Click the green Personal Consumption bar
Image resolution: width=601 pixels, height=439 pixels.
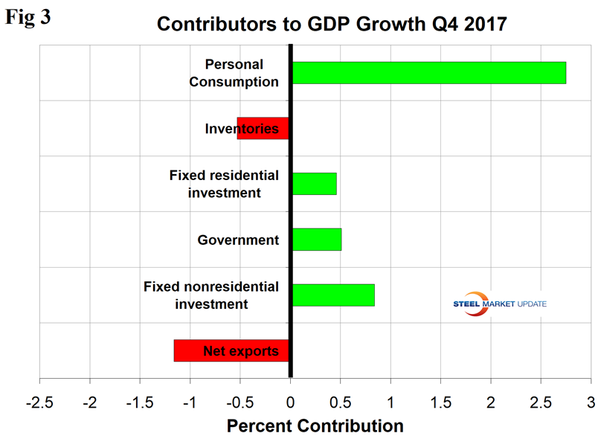428,73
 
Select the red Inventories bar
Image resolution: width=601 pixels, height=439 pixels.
263,129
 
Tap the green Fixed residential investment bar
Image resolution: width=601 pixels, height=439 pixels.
315,184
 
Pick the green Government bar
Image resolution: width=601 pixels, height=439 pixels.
317,240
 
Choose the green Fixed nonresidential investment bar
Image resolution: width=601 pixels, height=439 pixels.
333,295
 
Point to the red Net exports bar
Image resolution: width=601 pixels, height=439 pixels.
231,350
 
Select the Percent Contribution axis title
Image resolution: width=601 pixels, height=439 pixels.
315,426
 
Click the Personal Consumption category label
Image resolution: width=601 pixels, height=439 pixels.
234,73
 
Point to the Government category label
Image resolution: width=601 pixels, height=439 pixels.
238,240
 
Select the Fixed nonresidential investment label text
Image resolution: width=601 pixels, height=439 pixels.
210,295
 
